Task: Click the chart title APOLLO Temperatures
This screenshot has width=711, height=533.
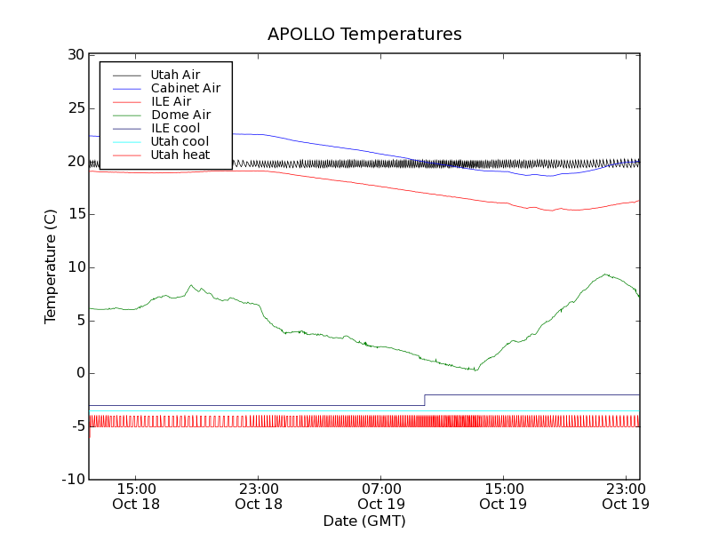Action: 364,35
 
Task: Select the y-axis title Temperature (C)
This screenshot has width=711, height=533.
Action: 51,267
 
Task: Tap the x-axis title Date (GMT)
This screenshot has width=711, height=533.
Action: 364,521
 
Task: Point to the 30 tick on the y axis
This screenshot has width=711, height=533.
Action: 75,55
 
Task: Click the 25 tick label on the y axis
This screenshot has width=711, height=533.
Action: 75,108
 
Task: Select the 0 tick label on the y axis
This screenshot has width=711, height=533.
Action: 79,373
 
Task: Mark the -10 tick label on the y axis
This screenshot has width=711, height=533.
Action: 72,480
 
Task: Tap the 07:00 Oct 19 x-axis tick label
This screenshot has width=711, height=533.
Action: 381,496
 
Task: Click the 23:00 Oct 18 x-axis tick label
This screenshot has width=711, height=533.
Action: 259,496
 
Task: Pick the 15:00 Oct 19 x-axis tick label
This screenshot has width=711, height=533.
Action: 504,496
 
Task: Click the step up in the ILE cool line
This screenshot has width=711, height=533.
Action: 425,400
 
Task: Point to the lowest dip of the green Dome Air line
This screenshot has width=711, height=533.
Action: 476,370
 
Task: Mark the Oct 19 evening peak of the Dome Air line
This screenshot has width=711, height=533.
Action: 605,274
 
